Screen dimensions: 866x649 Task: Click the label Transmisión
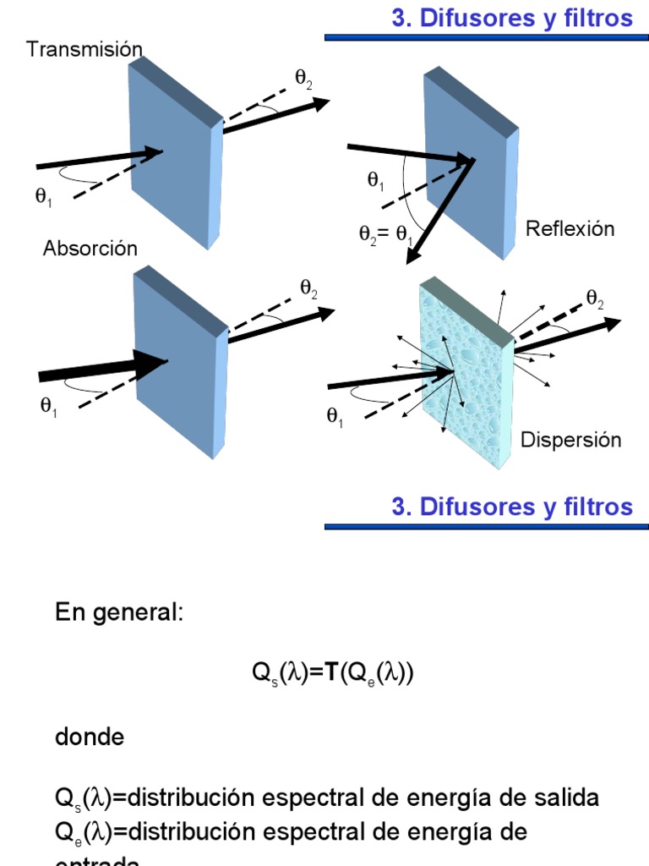85,49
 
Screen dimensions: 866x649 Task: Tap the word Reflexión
570,228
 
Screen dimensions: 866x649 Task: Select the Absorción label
90,249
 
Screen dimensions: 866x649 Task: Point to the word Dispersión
570,440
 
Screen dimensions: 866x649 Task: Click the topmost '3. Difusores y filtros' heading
512,18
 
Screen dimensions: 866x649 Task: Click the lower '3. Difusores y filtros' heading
512,507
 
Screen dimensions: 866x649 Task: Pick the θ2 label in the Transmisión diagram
303,78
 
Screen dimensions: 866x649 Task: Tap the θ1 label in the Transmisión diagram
43,196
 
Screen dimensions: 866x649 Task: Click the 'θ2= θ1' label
385,234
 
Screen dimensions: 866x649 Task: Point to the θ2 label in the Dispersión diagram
595,297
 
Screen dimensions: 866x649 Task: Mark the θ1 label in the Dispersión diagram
335,416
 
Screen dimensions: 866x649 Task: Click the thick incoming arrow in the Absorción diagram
101,369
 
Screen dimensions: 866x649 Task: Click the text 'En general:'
118,613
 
